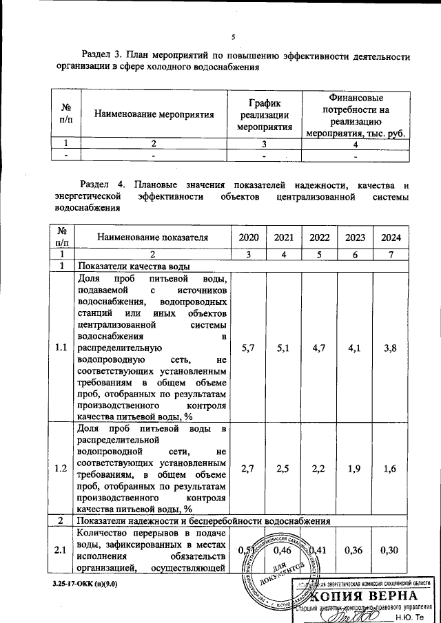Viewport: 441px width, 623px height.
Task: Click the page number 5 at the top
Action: pyautogui.click(x=233, y=36)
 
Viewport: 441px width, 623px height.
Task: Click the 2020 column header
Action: pyautogui.click(x=249, y=237)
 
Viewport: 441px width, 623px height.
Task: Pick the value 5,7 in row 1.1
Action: pyautogui.click(x=249, y=348)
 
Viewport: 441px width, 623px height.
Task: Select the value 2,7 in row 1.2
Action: pyautogui.click(x=249, y=469)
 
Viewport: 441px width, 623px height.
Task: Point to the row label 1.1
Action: pyautogui.click(x=61, y=348)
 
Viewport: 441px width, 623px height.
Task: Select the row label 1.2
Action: pyautogui.click(x=61, y=469)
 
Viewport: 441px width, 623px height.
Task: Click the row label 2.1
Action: pyautogui.click(x=61, y=550)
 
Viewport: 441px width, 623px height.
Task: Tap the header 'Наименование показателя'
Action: pyautogui.click(x=152, y=237)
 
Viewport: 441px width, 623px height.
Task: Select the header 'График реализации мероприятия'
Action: pyautogui.click(x=264, y=114)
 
